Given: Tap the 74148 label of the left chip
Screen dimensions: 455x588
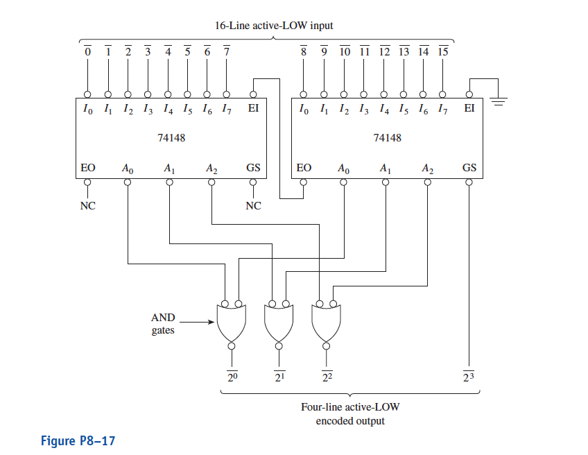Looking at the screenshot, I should (x=172, y=138).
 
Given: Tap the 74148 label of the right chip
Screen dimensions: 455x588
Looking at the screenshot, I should (x=387, y=138).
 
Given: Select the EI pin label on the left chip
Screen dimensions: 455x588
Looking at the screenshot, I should (x=253, y=109).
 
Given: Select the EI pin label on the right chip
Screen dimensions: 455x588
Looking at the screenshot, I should (x=469, y=109).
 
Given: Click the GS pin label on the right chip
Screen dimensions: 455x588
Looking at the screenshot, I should (x=469, y=168).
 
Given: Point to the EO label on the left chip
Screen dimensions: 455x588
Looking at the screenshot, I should (x=88, y=168).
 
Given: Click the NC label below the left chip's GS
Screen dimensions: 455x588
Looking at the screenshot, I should (x=253, y=205).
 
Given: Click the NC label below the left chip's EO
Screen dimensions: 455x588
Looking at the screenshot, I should (x=88, y=205).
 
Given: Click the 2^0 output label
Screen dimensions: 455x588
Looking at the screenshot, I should (x=232, y=377).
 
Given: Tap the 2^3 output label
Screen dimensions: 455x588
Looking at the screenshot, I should (x=469, y=377).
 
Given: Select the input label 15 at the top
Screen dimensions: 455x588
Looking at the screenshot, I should (x=442, y=52).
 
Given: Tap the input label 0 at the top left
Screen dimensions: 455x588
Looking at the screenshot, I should (x=88, y=52).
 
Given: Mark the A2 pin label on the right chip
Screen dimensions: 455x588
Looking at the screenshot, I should (x=428, y=168).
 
